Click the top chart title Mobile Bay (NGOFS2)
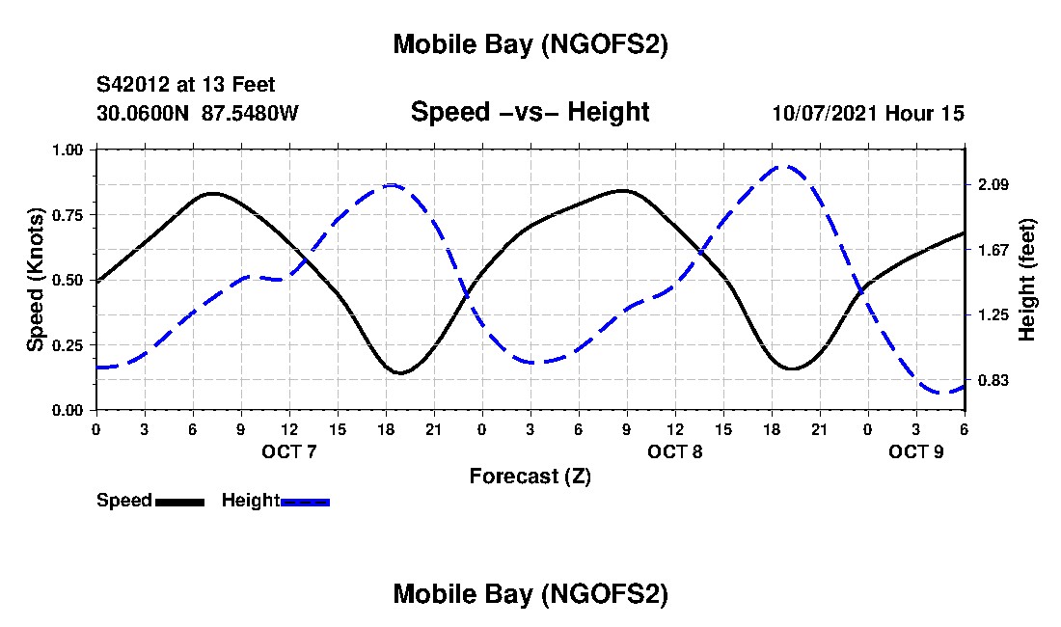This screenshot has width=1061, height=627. [530, 44]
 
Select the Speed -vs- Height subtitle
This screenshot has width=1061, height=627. [530, 112]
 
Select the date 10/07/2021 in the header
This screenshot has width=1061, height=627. [825, 113]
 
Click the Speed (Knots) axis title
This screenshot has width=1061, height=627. [36, 280]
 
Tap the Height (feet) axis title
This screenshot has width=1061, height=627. [1026, 280]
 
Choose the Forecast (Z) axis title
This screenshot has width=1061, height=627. [530, 476]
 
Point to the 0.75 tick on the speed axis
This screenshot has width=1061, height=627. [68, 214]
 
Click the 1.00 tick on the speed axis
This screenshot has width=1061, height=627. [68, 150]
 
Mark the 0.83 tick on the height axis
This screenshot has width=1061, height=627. [993, 380]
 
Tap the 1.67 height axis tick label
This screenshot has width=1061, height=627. [993, 250]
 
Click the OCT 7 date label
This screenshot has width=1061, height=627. [289, 451]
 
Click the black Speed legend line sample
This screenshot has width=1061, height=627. [179, 502]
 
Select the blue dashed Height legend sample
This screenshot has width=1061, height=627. [305, 502]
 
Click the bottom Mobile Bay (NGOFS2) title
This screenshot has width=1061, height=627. [530, 594]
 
